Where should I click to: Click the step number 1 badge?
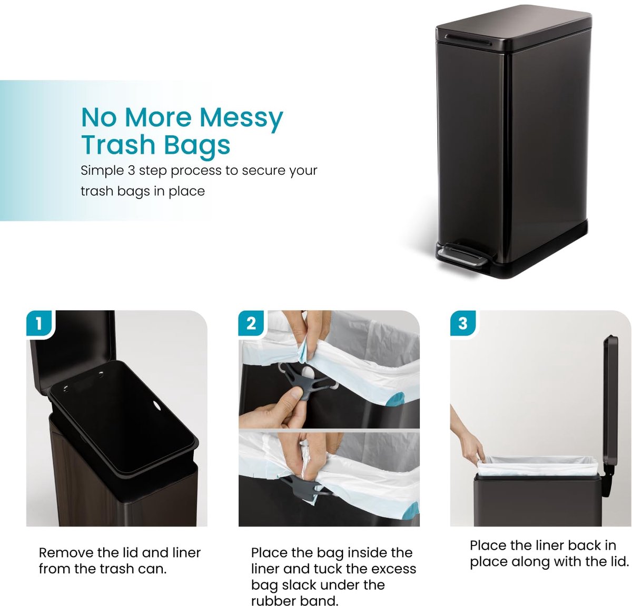[x=38, y=323]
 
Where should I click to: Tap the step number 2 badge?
[x=251, y=323]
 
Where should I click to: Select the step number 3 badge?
[x=462, y=323]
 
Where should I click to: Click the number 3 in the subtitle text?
[x=131, y=171]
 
